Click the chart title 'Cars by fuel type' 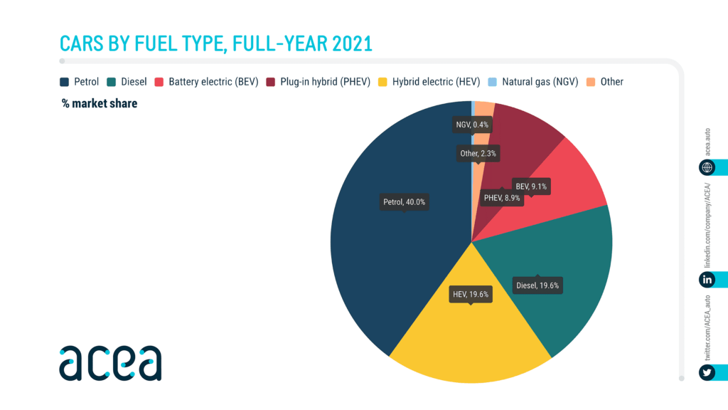point(216,43)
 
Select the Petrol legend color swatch point(64,82)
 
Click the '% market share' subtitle point(100,104)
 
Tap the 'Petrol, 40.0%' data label point(404,202)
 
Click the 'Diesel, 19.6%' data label point(537,285)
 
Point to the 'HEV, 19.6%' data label point(471,293)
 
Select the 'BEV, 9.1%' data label point(531,186)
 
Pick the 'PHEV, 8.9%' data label point(503,198)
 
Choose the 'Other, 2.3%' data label point(478,153)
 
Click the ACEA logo point(110,363)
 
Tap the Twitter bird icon point(707,373)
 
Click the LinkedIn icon point(707,279)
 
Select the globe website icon point(707,167)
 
